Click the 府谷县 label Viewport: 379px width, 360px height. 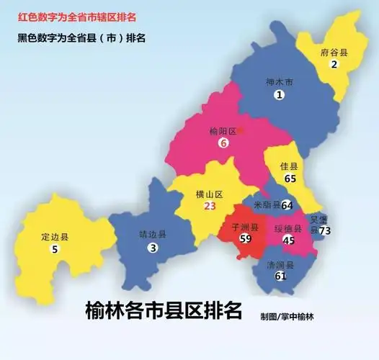tap(335, 53)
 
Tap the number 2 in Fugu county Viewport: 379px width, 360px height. tap(334, 65)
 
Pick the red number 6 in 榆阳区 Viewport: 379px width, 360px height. tap(223, 143)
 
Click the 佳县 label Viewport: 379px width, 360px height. tap(289, 166)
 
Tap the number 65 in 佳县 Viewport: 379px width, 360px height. tap(290, 179)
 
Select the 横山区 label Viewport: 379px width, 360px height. tap(210, 194)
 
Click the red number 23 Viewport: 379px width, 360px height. tap(210, 206)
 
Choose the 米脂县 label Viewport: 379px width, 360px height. tap(267, 204)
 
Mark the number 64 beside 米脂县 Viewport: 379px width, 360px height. tap(287, 205)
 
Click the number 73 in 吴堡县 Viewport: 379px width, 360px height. tap(325, 230)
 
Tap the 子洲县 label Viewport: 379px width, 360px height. tap(245, 226)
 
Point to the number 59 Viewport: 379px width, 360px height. tap(245, 239)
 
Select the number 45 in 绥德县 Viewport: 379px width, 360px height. tap(289, 240)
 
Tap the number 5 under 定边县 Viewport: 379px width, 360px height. tap(55, 249)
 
